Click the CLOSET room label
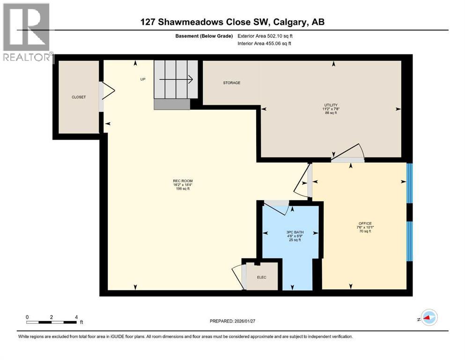click(x=79, y=97)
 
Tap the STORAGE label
click(x=231, y=83)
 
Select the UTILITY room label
click(x=332, y=105)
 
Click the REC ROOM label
click(x=183, y=181)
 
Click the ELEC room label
click(x=261, y=277)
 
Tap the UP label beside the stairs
click(x=143, y=79)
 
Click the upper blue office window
click(x=409, y=183)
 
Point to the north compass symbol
click(x=428, y=318)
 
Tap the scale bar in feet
click(x=52, y=322)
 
